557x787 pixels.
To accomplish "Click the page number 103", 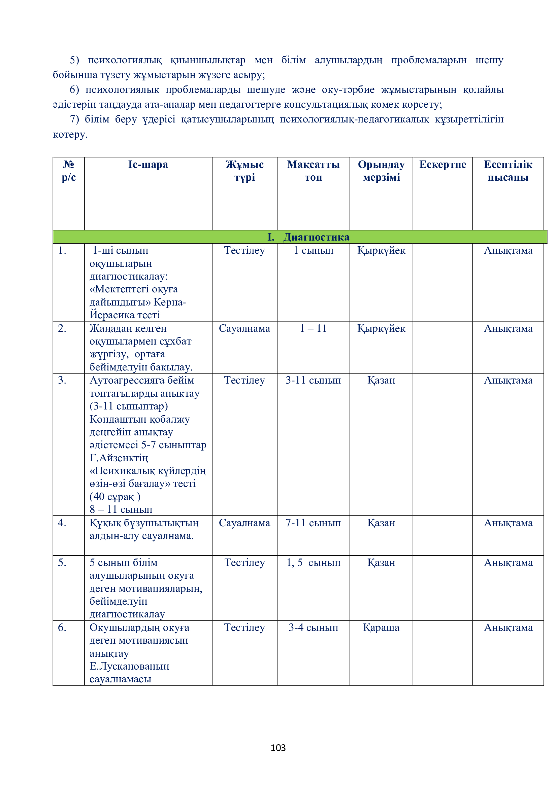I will [278, 748].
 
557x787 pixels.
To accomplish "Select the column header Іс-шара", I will [148, 165].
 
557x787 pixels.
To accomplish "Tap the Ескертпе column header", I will [443, 165].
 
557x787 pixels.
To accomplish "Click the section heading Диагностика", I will [316, 237].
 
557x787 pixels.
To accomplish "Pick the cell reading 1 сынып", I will [313, 251].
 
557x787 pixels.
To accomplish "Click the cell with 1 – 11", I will [313, 328].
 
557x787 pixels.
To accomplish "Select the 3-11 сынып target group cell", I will [313, 380].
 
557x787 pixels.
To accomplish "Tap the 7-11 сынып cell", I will [313, 523].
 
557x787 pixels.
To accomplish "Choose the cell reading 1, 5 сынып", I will [313, 563].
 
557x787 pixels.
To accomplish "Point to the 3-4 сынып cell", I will [313, 627].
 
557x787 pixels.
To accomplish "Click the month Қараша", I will [381, 627].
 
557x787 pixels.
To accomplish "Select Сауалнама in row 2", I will [244, 328].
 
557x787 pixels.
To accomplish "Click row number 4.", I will [62, 523].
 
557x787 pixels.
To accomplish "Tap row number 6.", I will [62, 627].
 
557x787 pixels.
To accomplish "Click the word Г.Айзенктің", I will [119, 458].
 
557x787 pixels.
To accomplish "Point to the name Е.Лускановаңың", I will [129, 666].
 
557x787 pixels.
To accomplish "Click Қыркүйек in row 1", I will [381, 251].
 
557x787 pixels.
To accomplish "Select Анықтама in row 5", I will [508, 563].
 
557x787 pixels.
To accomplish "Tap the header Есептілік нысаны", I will [508, 171].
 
